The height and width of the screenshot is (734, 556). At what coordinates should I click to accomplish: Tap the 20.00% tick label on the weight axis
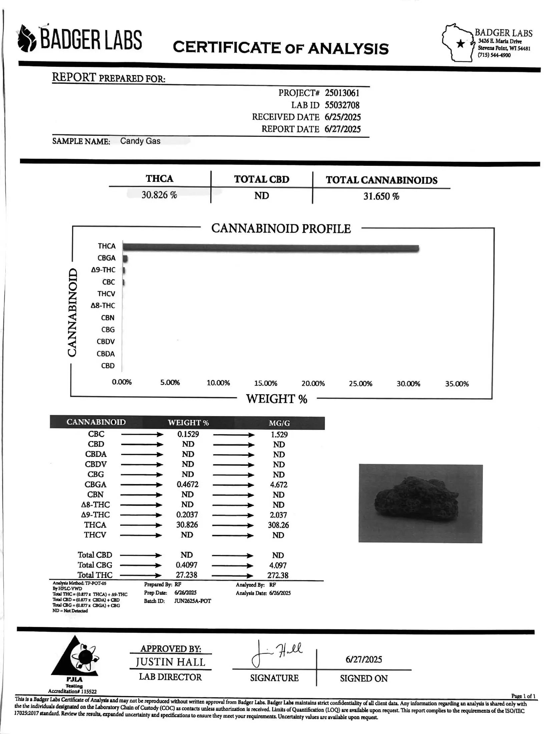[x=313, y=383]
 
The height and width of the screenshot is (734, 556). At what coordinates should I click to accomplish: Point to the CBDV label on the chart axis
[x=106, y=342]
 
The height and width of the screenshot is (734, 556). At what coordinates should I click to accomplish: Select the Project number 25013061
[x=342, y=93]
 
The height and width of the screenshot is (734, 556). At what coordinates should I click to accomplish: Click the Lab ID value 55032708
[x=342, y=105]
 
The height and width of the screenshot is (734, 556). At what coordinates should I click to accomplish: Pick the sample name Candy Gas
[x=140, y=141]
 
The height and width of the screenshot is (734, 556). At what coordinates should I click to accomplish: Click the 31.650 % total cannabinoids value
[x=381, y=196]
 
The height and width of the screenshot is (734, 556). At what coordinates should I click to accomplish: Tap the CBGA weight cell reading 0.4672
[x=187, y=484]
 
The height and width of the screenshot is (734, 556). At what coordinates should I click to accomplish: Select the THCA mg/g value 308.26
[x=278, y=525]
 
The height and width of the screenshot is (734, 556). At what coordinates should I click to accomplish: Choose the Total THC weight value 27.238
[x=186, y=575]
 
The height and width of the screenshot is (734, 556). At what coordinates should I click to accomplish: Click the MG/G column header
[x=279, y=423]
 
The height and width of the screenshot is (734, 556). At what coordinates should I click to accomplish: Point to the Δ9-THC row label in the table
[x=95, y=515]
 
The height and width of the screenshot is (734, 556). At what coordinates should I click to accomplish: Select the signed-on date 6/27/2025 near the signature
[x=364, y=660]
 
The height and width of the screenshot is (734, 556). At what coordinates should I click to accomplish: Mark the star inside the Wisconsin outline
[x=461, y=43]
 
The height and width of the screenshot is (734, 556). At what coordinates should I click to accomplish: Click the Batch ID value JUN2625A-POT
[x=192, y=601]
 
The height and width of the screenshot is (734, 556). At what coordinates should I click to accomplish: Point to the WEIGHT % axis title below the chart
[x=276, y=399]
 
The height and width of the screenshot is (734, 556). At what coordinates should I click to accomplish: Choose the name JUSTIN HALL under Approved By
[x=170, y=662]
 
